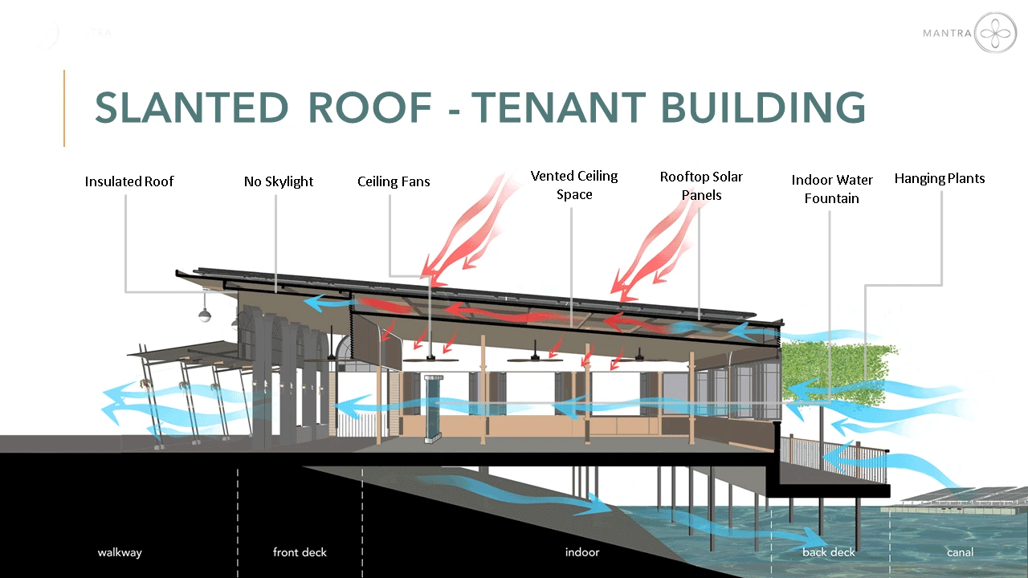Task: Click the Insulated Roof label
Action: [129, 181]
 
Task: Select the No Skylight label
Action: [279, 181]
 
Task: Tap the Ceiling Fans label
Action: [394, 181]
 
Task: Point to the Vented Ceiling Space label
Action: [574, 185]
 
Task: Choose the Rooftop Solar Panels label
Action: [701, 185]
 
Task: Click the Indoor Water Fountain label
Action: [831, 189]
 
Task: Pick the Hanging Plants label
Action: [940, 178]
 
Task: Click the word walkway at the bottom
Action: [120, 552]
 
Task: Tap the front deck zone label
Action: [300, 552]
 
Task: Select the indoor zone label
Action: [582, 552]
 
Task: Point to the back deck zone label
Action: [829, 552]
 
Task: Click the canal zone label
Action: [960, 552]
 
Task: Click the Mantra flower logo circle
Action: [995, 33]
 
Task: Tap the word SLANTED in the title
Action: [191, 108]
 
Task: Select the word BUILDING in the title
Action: [763, 108]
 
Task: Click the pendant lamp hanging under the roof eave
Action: [205, 315]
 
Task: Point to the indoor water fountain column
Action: [432, 409]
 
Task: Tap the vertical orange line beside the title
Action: [64, 108]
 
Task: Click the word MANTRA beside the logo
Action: [947, 33]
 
